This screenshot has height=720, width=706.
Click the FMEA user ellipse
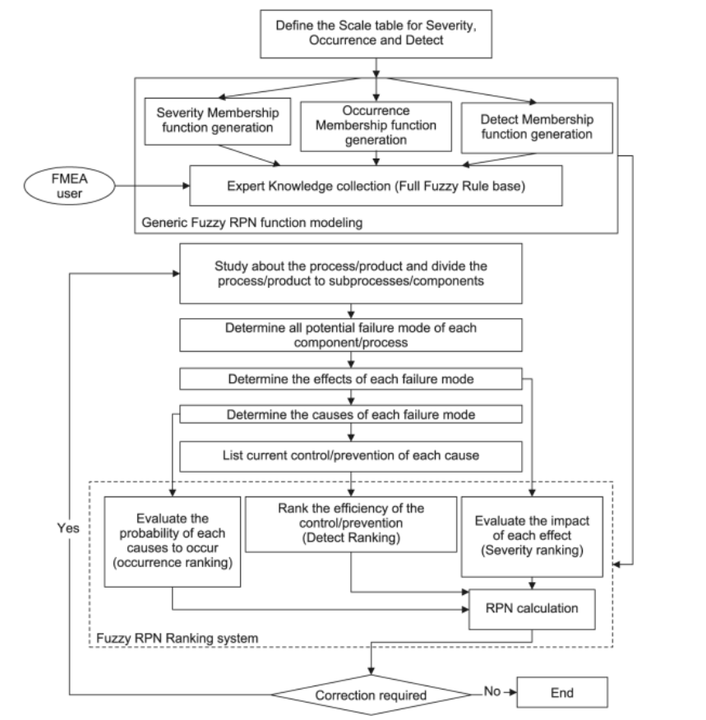pos(69,186)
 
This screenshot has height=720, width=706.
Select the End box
pos(562,692)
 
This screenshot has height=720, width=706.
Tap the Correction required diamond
pos(371,695)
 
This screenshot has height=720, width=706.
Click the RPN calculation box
pos(532,609)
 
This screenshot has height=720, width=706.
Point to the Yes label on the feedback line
pos(68,528)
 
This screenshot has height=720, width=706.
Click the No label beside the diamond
pos(492,691)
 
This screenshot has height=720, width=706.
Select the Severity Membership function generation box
pos(218,121)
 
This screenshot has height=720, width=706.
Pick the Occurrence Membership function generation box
pos(376,127)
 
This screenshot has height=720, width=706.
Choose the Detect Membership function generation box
pos(537,127)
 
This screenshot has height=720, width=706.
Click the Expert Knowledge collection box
pos(376,186)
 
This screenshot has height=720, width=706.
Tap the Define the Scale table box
pos(376,34)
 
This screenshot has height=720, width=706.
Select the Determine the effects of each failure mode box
pos(351,379)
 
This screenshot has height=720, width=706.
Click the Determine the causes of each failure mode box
pos(351,414)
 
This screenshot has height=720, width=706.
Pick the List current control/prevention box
pos(351,456)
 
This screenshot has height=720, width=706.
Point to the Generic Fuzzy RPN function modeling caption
pos(252,223)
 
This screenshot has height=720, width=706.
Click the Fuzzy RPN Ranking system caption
pos(178,639)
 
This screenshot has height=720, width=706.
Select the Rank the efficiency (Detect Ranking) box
pos(351,524)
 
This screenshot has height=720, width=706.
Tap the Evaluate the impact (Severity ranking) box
pos(532,537)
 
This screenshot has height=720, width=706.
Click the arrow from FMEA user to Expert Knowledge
pos(152,186)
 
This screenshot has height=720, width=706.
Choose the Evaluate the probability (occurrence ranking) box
pos(173,542)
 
